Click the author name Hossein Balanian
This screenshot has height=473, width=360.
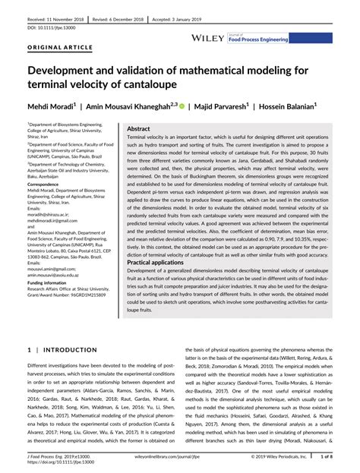(x=299, y=109)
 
